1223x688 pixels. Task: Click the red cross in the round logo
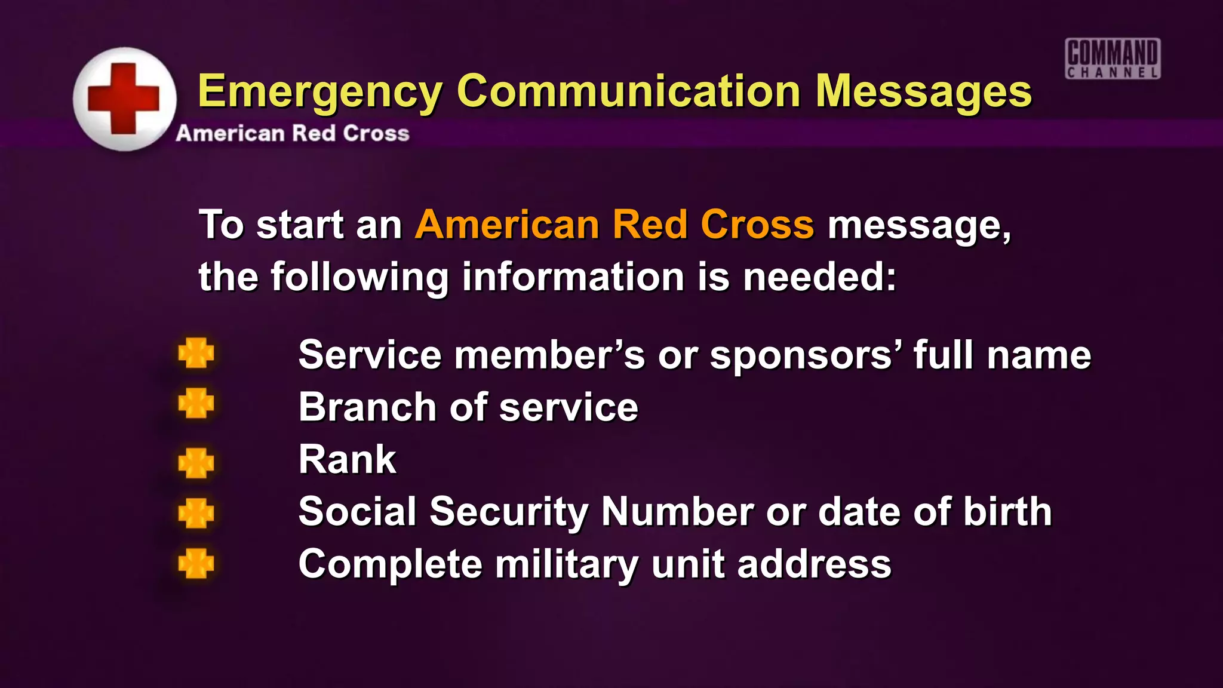tap(124, 99)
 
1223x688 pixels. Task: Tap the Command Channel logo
tap(1113, 59)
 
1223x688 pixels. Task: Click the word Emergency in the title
tap(319, 92)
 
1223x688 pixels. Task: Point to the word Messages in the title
tap(923, 92)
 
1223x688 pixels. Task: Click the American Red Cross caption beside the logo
tap(293, 133)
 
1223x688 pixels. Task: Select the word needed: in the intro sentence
tap(820, 277)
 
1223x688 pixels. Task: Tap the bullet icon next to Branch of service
tap(196, 403)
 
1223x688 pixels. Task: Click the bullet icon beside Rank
tap(196, 463)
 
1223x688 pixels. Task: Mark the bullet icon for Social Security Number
tap(196, 513)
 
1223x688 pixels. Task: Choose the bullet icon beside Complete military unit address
tap(196, 563)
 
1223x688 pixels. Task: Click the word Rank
tap(347, 459)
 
